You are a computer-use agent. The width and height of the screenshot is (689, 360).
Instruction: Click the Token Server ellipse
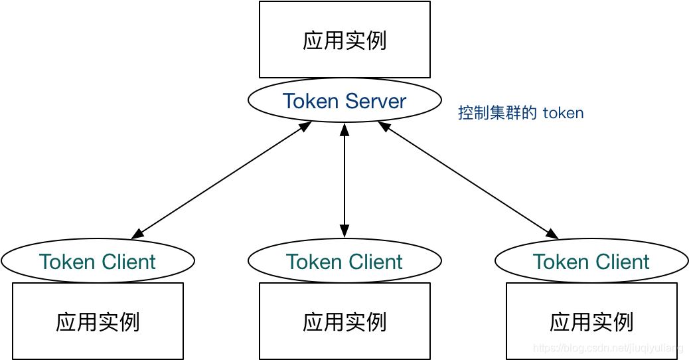344,101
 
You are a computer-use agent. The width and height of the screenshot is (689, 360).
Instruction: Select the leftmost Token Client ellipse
98,261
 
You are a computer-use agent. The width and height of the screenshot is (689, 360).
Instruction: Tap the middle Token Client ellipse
344,261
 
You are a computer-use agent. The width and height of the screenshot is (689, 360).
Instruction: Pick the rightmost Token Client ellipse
591,261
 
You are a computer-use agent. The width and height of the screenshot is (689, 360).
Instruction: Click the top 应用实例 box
344,40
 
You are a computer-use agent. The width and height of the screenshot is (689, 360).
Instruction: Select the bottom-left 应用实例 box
98,321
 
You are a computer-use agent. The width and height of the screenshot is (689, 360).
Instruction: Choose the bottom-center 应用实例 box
344,321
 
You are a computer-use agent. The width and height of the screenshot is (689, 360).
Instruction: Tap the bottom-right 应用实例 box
591,321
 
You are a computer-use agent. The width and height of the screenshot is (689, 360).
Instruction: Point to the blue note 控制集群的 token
520,113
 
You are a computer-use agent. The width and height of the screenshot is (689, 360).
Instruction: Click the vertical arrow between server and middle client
344,179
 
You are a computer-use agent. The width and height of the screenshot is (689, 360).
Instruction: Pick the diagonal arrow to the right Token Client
468,179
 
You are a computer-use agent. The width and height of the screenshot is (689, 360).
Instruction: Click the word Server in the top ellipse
376,101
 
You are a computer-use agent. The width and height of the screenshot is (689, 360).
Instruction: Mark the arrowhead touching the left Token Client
137,234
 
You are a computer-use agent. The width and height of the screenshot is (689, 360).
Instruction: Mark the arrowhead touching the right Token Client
552,234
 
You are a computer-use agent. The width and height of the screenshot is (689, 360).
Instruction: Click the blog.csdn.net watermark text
608,347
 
